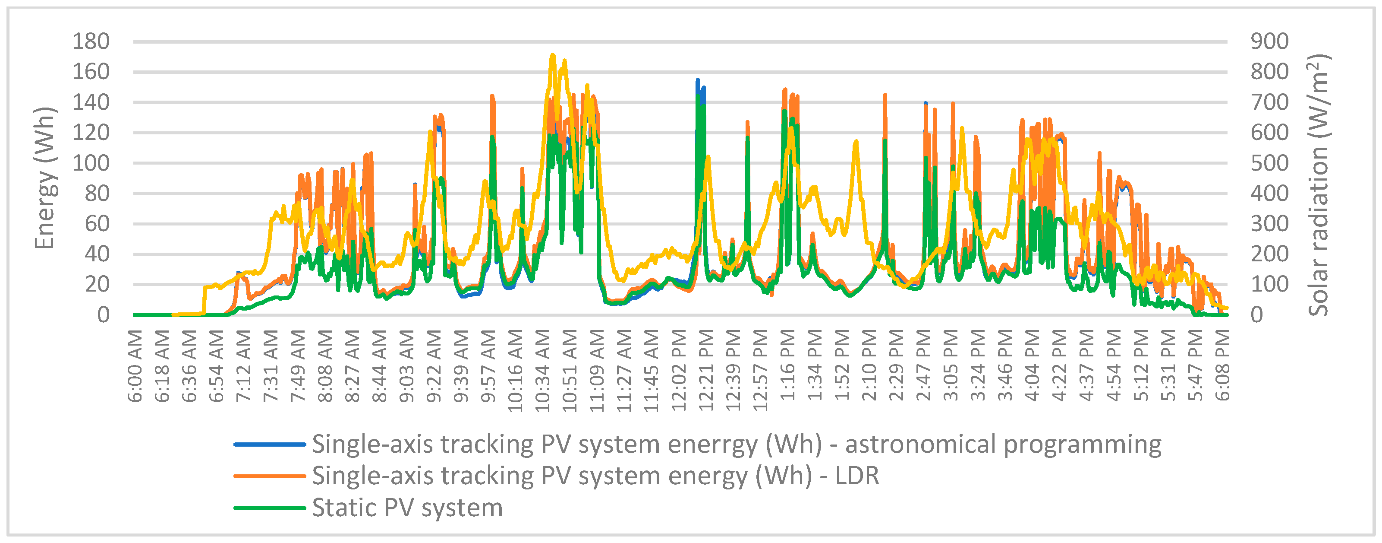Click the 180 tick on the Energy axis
tap(91, 41)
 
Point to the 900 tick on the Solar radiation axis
tap(1269, 41)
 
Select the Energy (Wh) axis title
tap(45, 178)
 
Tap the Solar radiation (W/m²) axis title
tap(1318, 185)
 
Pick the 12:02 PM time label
tap(679, 371)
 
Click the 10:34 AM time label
tap(543, 371)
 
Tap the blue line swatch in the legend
tap(269, 445)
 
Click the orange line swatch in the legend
tap(269, 476)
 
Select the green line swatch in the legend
tap(269, 508)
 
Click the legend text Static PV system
tap(407, 508)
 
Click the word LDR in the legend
tap(857, 476)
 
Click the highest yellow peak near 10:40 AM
tap(553, 55)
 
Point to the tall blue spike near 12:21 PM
tap(697, 80)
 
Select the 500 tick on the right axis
tap(1269, 163)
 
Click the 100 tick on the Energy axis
tap(91, 163)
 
